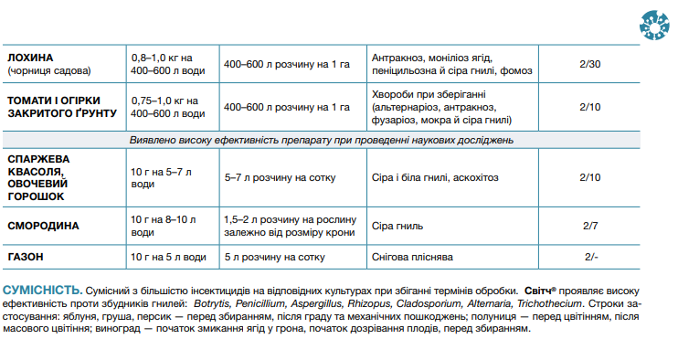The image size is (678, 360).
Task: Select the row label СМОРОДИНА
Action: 44,225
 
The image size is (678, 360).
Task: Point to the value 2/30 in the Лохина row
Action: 589,63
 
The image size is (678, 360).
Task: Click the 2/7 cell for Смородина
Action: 589,225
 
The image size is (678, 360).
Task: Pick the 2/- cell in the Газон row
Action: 589,257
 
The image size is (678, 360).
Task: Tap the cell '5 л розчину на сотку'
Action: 274,257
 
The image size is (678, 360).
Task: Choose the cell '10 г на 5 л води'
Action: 168,257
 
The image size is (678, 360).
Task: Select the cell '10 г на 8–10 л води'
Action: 164,225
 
